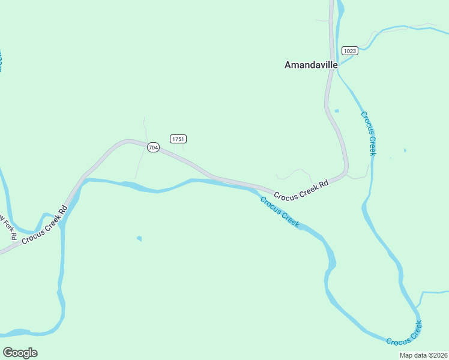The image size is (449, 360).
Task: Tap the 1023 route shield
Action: point(350,50)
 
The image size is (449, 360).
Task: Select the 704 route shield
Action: point(153,148)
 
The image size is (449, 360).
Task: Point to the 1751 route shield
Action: point(178,139)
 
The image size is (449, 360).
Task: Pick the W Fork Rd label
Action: point(7,227)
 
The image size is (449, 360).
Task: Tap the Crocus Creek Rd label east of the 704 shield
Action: point(302,190)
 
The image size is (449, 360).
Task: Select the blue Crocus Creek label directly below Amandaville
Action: point(369,133)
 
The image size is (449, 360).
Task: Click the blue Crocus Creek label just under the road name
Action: point(280,212)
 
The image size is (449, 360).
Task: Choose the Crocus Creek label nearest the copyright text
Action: point(404,333)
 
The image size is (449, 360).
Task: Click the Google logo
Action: point(20,353)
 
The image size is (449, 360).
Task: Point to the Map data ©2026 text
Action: point(423,355)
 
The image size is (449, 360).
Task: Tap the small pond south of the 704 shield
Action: point(139,239)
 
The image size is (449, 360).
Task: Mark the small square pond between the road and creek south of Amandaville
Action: point(336,110)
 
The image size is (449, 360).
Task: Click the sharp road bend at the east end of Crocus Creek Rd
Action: point(346,170)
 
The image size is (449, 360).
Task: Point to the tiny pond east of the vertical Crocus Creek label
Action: point(405,150)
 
